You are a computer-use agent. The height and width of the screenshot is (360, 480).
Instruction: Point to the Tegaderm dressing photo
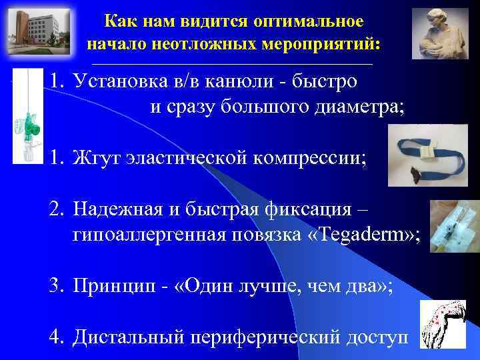tap(453, 227)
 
